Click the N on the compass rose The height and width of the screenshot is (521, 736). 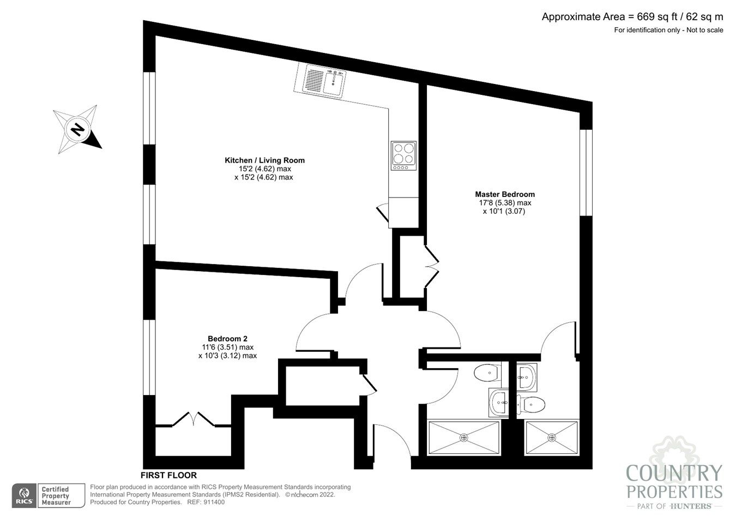click(x=78, y=130)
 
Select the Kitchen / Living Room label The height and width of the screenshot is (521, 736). click(x=264, y=160)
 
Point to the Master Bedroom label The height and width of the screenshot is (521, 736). click(x=504, y=194)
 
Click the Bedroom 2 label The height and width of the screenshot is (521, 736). click(x=227, y=338)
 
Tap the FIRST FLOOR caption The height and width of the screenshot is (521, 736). click(x=168, y=475)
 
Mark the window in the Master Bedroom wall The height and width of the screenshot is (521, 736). click(x=586, y=172)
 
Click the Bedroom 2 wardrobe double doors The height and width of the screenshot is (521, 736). click(x=193, y=419)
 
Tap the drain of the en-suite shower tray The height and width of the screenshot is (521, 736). click(x=551, y=437)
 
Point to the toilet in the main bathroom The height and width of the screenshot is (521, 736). click(x=487, y=374)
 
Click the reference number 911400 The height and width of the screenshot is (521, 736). click(x=213, y=502)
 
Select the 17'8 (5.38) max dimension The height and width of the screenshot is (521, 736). click(x=504, y=203)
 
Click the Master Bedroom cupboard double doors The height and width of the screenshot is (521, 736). click(x=432, y=266)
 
